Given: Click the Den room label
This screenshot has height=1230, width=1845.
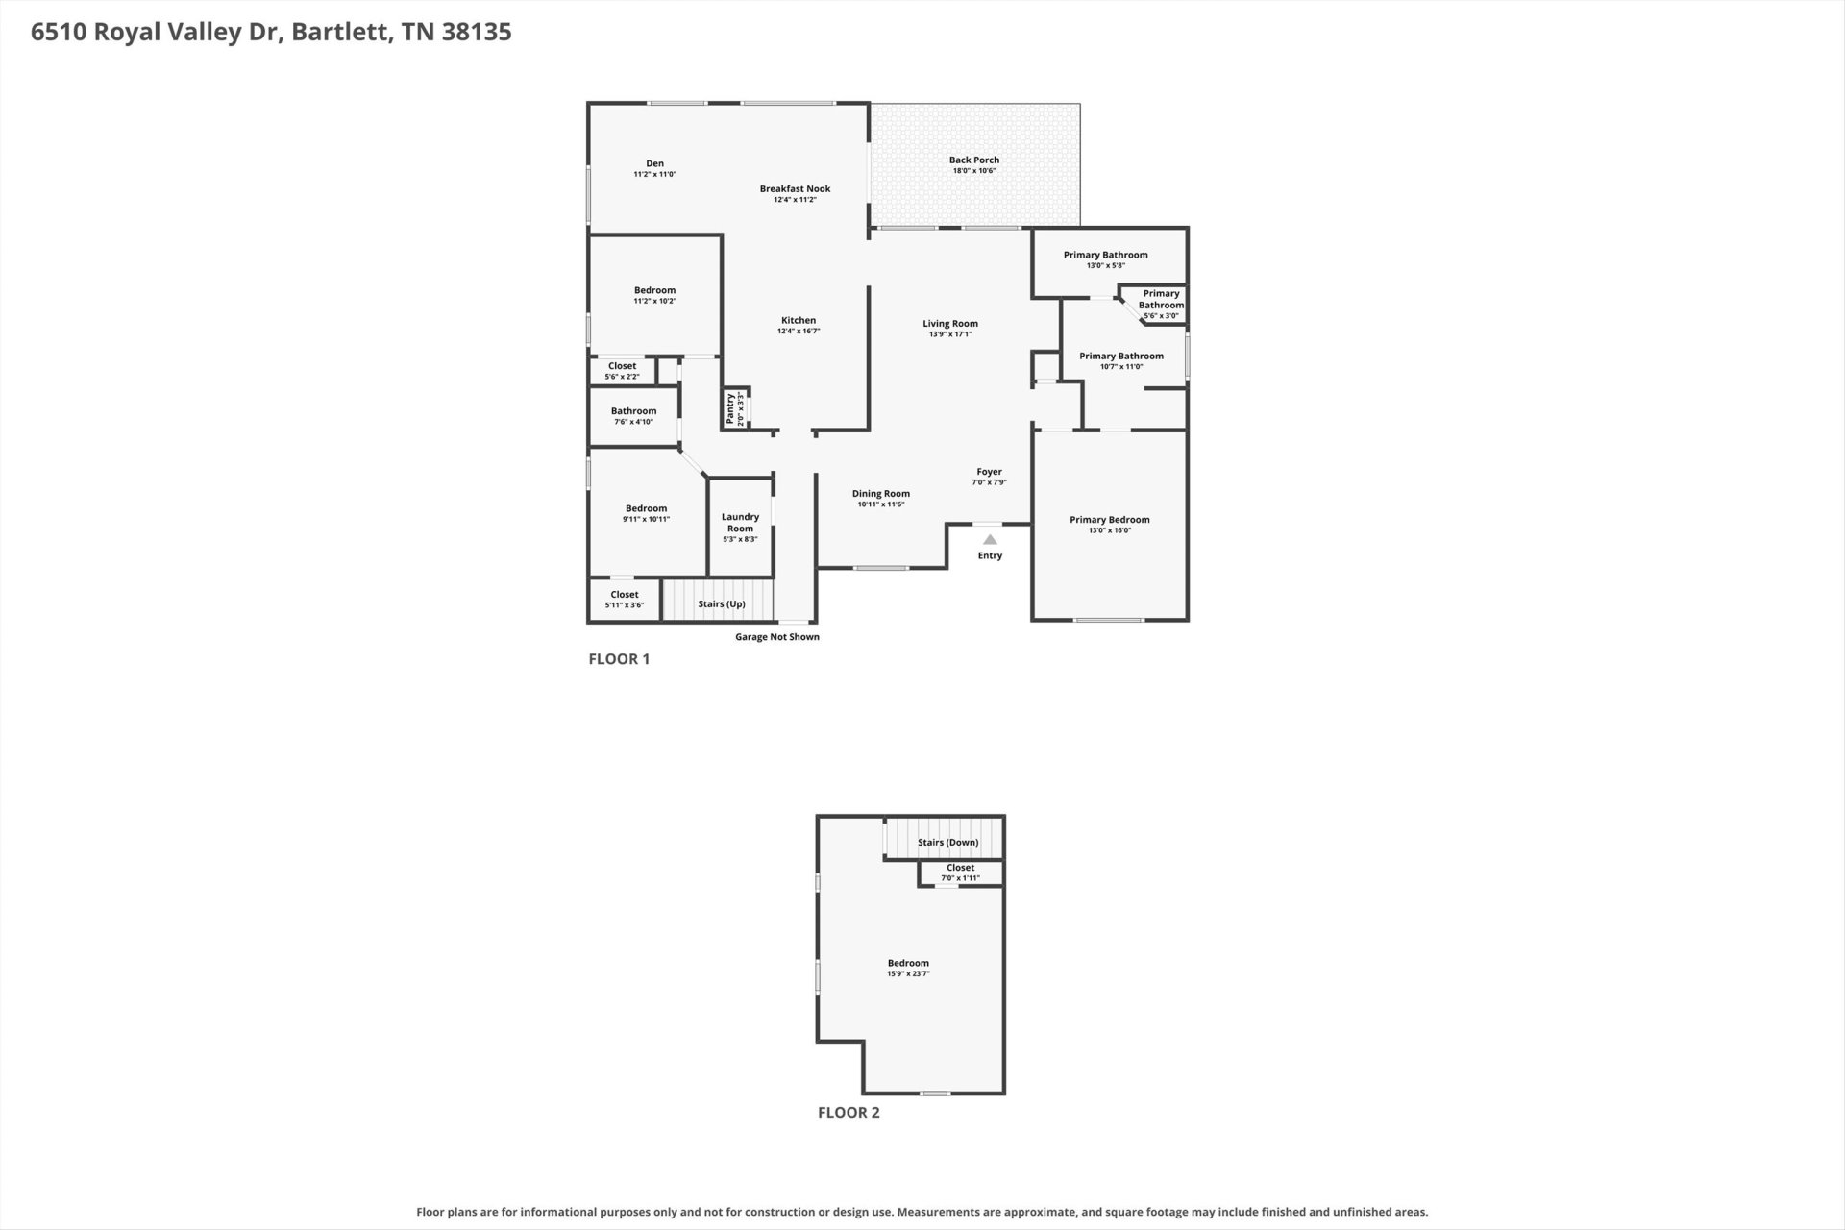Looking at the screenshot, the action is (654, 164).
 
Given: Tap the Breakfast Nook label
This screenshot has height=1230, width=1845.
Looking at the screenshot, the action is (795, 189).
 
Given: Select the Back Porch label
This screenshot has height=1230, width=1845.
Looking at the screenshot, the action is (974, 160).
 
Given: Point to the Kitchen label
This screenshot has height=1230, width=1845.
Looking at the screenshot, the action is (799, 321).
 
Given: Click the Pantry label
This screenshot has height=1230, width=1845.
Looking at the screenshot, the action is (730, 408).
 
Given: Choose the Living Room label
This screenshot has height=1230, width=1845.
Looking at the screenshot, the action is (950, 324).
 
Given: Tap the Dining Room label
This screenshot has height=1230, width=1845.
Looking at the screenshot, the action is (881, 494).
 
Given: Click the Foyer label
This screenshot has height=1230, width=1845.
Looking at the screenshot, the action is (990, 472).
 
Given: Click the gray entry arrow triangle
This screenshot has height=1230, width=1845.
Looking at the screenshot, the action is (990, 540).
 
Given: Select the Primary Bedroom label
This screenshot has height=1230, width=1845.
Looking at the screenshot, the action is (1110, 520).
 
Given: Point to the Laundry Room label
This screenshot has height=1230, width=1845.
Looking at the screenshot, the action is (741, 523).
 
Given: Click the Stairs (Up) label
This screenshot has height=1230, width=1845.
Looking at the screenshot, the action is (722, 604).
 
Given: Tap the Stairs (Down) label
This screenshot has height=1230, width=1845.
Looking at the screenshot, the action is (948, 843).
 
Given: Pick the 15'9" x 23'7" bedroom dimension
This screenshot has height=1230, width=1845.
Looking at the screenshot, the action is (908, 973).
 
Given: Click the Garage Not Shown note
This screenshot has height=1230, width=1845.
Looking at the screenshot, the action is (777, 637).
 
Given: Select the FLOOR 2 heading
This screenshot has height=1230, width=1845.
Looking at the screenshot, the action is (849, 1113).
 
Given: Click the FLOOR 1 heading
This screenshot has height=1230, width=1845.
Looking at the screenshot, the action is (619, 659).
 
